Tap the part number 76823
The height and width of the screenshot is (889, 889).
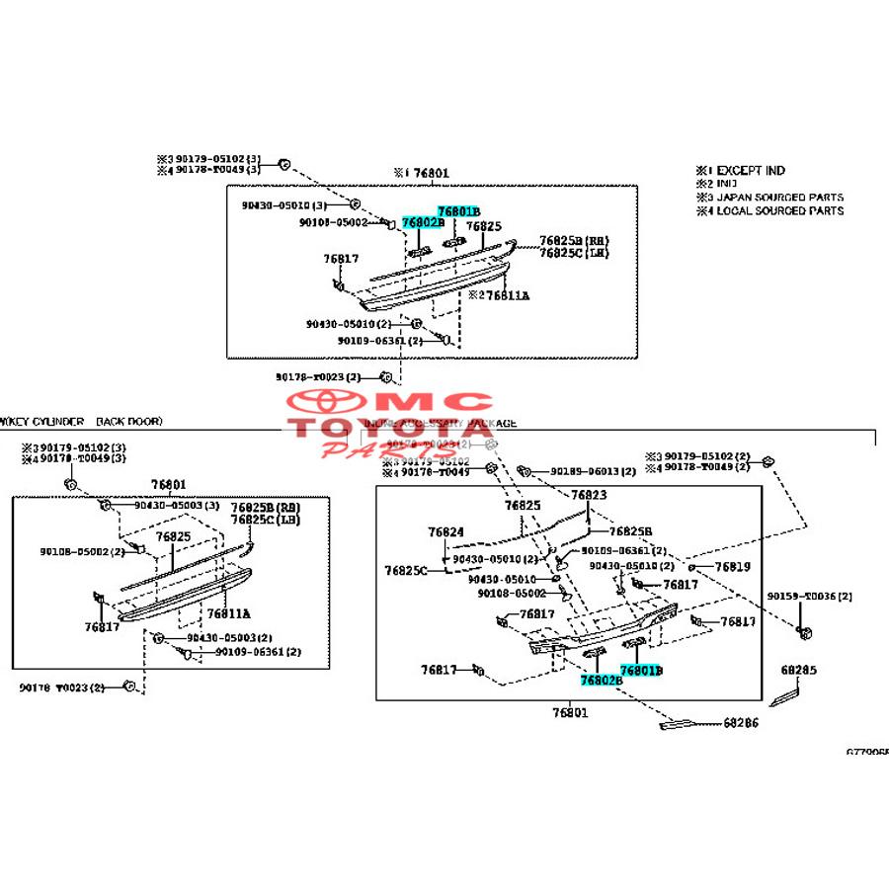pos(589,495)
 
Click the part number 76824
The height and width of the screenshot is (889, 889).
pos(445,531)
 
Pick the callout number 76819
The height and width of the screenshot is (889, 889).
pos(733,567)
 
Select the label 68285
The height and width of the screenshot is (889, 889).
pos(799,670)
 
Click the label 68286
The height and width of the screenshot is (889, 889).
pos(741,723)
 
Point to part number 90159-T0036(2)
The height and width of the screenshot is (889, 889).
pos(810,597)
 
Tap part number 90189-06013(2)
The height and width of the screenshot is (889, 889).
pos(600,471)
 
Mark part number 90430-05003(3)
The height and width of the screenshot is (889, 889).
pos(177,506)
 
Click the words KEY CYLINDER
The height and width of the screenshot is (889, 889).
pos(44,421)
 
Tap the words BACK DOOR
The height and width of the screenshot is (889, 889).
pos(128,421)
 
